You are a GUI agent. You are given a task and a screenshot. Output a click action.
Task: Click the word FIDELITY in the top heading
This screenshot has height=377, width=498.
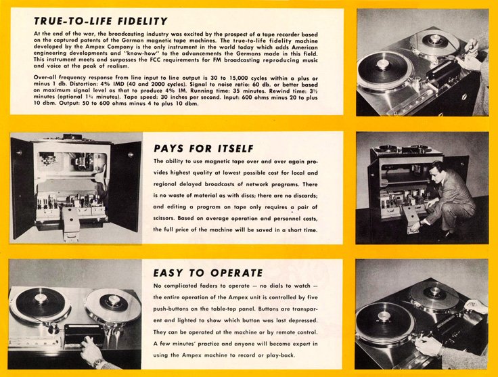point(142,21)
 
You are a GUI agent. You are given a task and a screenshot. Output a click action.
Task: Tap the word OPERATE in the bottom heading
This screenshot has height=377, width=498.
point(237,273)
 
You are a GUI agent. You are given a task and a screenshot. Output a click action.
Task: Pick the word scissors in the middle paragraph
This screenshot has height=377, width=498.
point(164,218)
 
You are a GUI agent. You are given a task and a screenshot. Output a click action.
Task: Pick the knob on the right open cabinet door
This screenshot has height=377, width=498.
point(131,155)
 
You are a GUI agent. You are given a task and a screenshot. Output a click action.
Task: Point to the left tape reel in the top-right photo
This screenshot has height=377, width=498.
point(385,70)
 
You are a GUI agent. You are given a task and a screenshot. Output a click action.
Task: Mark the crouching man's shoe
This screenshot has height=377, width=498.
point(448,236)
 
